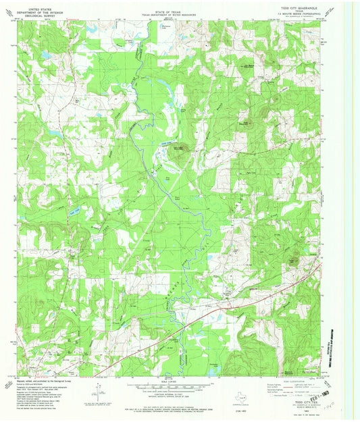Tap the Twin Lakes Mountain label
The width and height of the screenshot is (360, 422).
[x=178, y=149]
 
